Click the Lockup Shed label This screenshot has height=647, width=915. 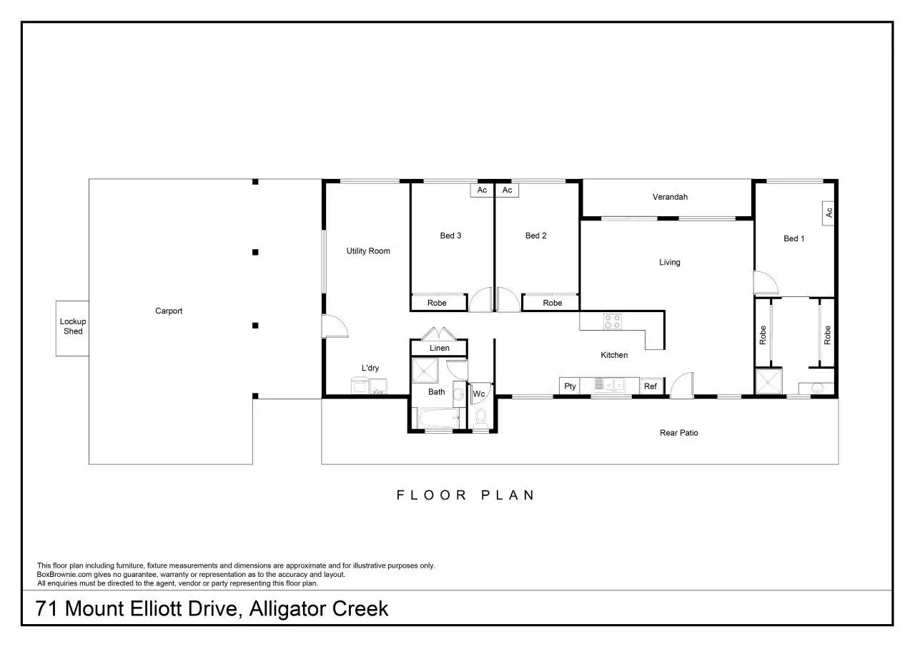[73, 326]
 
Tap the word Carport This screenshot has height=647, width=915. [169, 311]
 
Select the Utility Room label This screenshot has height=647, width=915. [368, 251]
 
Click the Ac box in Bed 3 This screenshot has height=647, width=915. [482, 190]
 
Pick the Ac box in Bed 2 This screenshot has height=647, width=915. [508, 190]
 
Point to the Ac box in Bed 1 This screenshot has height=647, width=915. [829, 213]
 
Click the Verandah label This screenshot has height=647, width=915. [670, 197]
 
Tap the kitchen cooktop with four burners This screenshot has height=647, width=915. [613, 321]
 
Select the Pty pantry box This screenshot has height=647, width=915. [570, 386]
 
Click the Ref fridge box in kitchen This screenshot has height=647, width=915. [651, 386]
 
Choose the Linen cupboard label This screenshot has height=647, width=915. [440, 348]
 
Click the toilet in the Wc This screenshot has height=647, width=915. [480, 418]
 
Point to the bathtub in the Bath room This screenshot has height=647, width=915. [439, 418]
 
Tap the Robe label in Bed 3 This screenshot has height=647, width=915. [437, 303]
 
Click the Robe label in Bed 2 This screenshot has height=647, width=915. [553, 303]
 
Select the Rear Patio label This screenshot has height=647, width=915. [679, 433]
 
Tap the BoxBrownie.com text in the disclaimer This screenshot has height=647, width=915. [64, 575]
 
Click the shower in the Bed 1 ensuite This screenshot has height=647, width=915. [768, 382]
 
